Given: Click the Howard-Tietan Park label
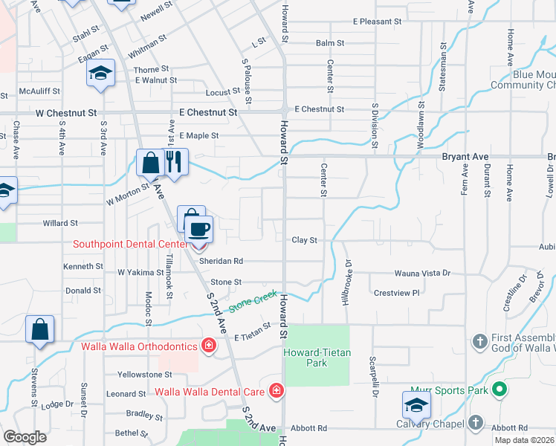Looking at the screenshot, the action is [317, 357].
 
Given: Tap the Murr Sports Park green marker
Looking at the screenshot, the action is [500, 390].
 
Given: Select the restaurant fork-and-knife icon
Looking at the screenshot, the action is [174, 161].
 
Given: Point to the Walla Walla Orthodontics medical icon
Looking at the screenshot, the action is [209, 346].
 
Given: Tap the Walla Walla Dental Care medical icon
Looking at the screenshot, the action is [277, 390].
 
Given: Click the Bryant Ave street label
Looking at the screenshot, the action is [465, 157].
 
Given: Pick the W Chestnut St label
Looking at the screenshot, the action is [67, 114].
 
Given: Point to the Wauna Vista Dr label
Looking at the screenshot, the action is [422, 274].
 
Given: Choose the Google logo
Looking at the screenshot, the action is [25, 437].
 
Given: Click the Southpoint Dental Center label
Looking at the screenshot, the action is [130, 244].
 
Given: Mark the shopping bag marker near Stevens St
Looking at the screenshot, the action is [39, 329].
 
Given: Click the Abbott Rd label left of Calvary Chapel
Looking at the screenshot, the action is [309, 428].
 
